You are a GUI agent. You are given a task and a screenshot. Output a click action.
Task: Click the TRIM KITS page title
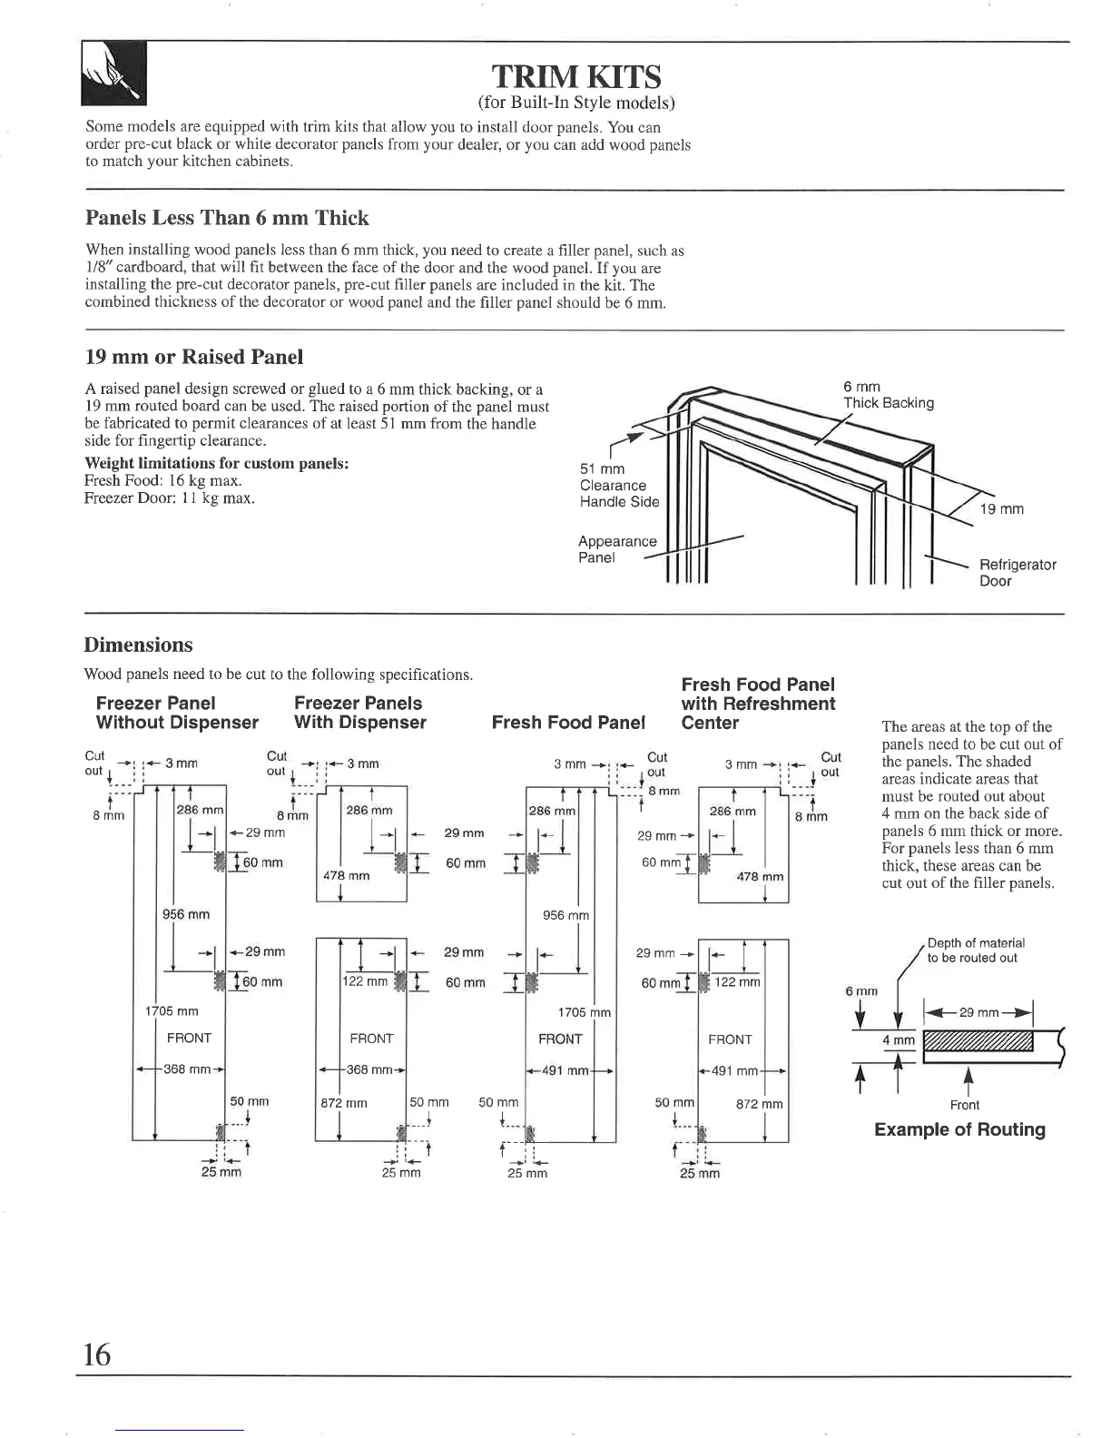point(575,76)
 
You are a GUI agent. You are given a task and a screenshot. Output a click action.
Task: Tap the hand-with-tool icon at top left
point(114,74)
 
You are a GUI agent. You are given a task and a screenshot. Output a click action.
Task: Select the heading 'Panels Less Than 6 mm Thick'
point(227,218)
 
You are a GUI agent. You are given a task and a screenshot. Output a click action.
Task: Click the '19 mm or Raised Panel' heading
point(193,357)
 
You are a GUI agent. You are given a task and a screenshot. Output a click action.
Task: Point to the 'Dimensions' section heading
point(138,645)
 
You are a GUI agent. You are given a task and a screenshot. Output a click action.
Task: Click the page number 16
point(96,1354)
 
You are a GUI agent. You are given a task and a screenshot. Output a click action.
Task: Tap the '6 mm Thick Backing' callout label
point(888,395)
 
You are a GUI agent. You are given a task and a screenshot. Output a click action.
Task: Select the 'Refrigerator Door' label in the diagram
point(1017,573)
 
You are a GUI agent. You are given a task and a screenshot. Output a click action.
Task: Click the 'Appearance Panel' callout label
point(616,549)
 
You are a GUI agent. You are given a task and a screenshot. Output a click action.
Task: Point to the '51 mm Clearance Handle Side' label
point(618,485)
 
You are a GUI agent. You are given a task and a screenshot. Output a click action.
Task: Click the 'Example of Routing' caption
point(959,1129)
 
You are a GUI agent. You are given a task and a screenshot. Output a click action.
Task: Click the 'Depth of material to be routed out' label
point(975,950)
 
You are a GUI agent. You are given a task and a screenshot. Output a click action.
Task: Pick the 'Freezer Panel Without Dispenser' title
point(177,713)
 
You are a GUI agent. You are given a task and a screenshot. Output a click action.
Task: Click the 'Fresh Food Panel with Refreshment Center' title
point(758,704)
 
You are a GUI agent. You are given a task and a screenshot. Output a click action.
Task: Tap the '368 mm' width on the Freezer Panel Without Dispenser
point(187,1069)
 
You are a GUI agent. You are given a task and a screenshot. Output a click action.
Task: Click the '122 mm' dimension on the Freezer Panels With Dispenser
point(364,981)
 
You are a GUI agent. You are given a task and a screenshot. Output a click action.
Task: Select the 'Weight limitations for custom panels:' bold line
point(217,464)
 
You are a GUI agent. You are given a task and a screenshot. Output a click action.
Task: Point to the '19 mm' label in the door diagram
point(1002,509)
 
